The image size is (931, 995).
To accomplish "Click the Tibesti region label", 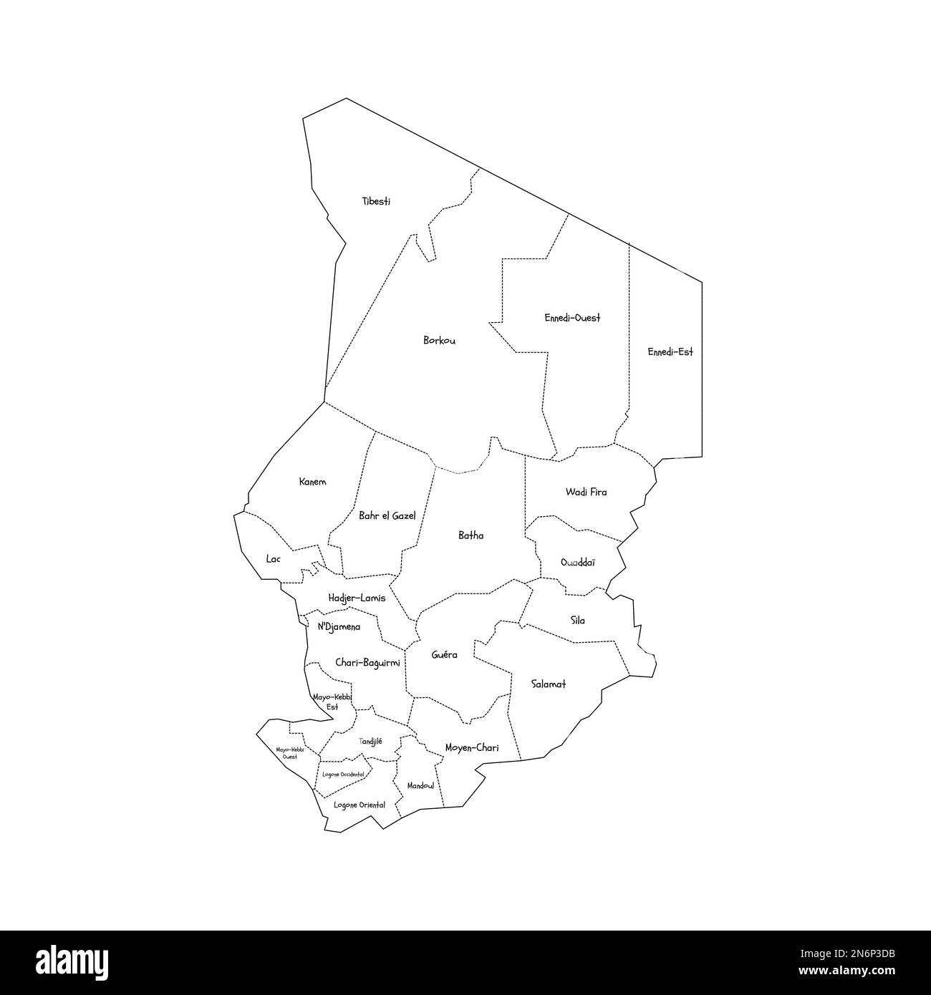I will tap(377, 202).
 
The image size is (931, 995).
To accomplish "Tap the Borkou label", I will tap(439, 341).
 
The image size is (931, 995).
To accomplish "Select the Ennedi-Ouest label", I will tap(572, 318).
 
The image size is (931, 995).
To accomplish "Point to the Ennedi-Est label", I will tap(670, 352).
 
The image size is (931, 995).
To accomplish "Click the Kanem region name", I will tap(312, 482).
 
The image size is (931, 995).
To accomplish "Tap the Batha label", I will tap(471, 535).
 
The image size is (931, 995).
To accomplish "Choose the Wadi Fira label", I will tap(586, 492).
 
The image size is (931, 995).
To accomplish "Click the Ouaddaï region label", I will tap(578, 563).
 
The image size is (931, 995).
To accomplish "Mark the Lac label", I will tap(273, 558).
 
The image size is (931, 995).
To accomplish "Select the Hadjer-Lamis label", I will tap(357, 598).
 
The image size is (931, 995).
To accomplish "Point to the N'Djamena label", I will tap(339, 626).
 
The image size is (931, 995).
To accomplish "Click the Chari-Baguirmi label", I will tap(367, 664).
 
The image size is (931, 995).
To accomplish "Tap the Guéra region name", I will tap(445, 655).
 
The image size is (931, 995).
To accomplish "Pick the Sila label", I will tap(577, 621).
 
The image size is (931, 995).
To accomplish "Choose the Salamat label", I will tap(549, 684).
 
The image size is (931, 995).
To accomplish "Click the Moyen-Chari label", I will tap(472, 748).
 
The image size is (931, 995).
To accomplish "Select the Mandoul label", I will tap(420, 786).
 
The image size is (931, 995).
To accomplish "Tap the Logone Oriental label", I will tap(360, 805).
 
